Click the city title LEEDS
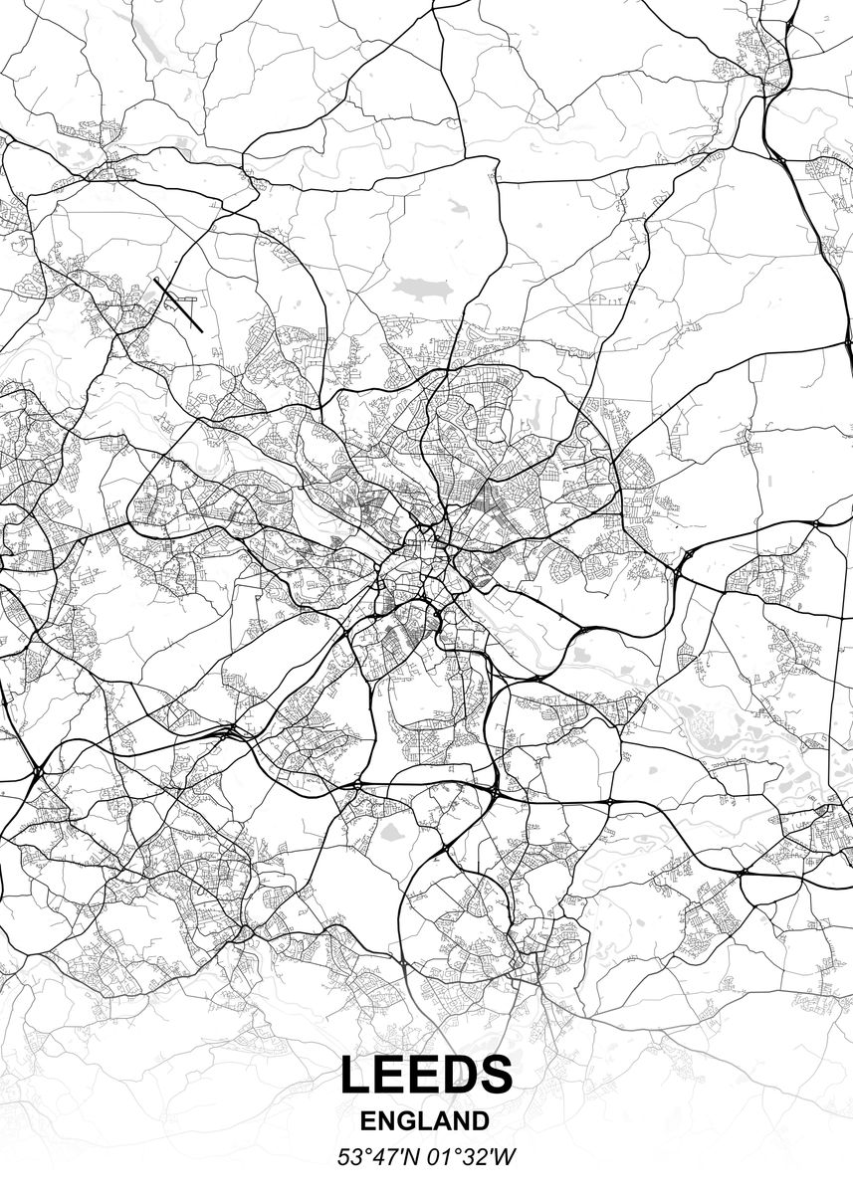click(x=426, y=1075)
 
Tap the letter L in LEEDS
click(x=355, y=1075)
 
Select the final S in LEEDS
click(x=495, y=1075)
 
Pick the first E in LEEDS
click(x=390, y=1075)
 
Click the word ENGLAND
click(x=425, y=1121)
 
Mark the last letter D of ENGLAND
click(x=480, y=1121)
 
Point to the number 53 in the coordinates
click(x=349, y=1157)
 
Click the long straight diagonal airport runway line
click(x=178, y=305)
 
